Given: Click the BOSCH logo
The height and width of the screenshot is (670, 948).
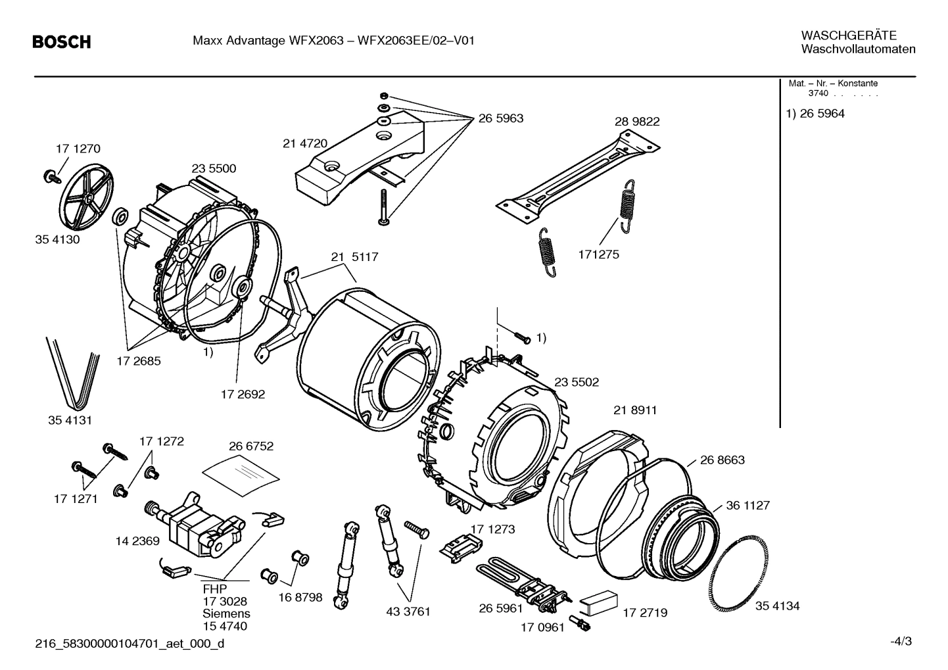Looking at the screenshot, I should coord(62,42).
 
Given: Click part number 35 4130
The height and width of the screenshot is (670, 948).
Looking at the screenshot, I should coord(57,239).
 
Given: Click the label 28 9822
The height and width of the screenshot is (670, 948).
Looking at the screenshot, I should coord(637,122).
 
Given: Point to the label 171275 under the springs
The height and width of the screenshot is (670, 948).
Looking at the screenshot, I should coord(598,254).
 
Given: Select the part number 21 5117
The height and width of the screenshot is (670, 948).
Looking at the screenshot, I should coord(354,257).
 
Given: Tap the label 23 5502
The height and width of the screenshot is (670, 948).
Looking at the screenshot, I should coord(577,382).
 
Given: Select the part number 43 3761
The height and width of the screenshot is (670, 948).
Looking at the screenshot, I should coord(408,611).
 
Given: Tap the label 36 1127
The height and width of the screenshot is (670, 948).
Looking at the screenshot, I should coord(747,506).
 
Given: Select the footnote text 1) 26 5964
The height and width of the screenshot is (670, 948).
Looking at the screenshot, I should coord(815,114).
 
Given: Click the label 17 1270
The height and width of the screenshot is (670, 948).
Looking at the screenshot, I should coord(78,149).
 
